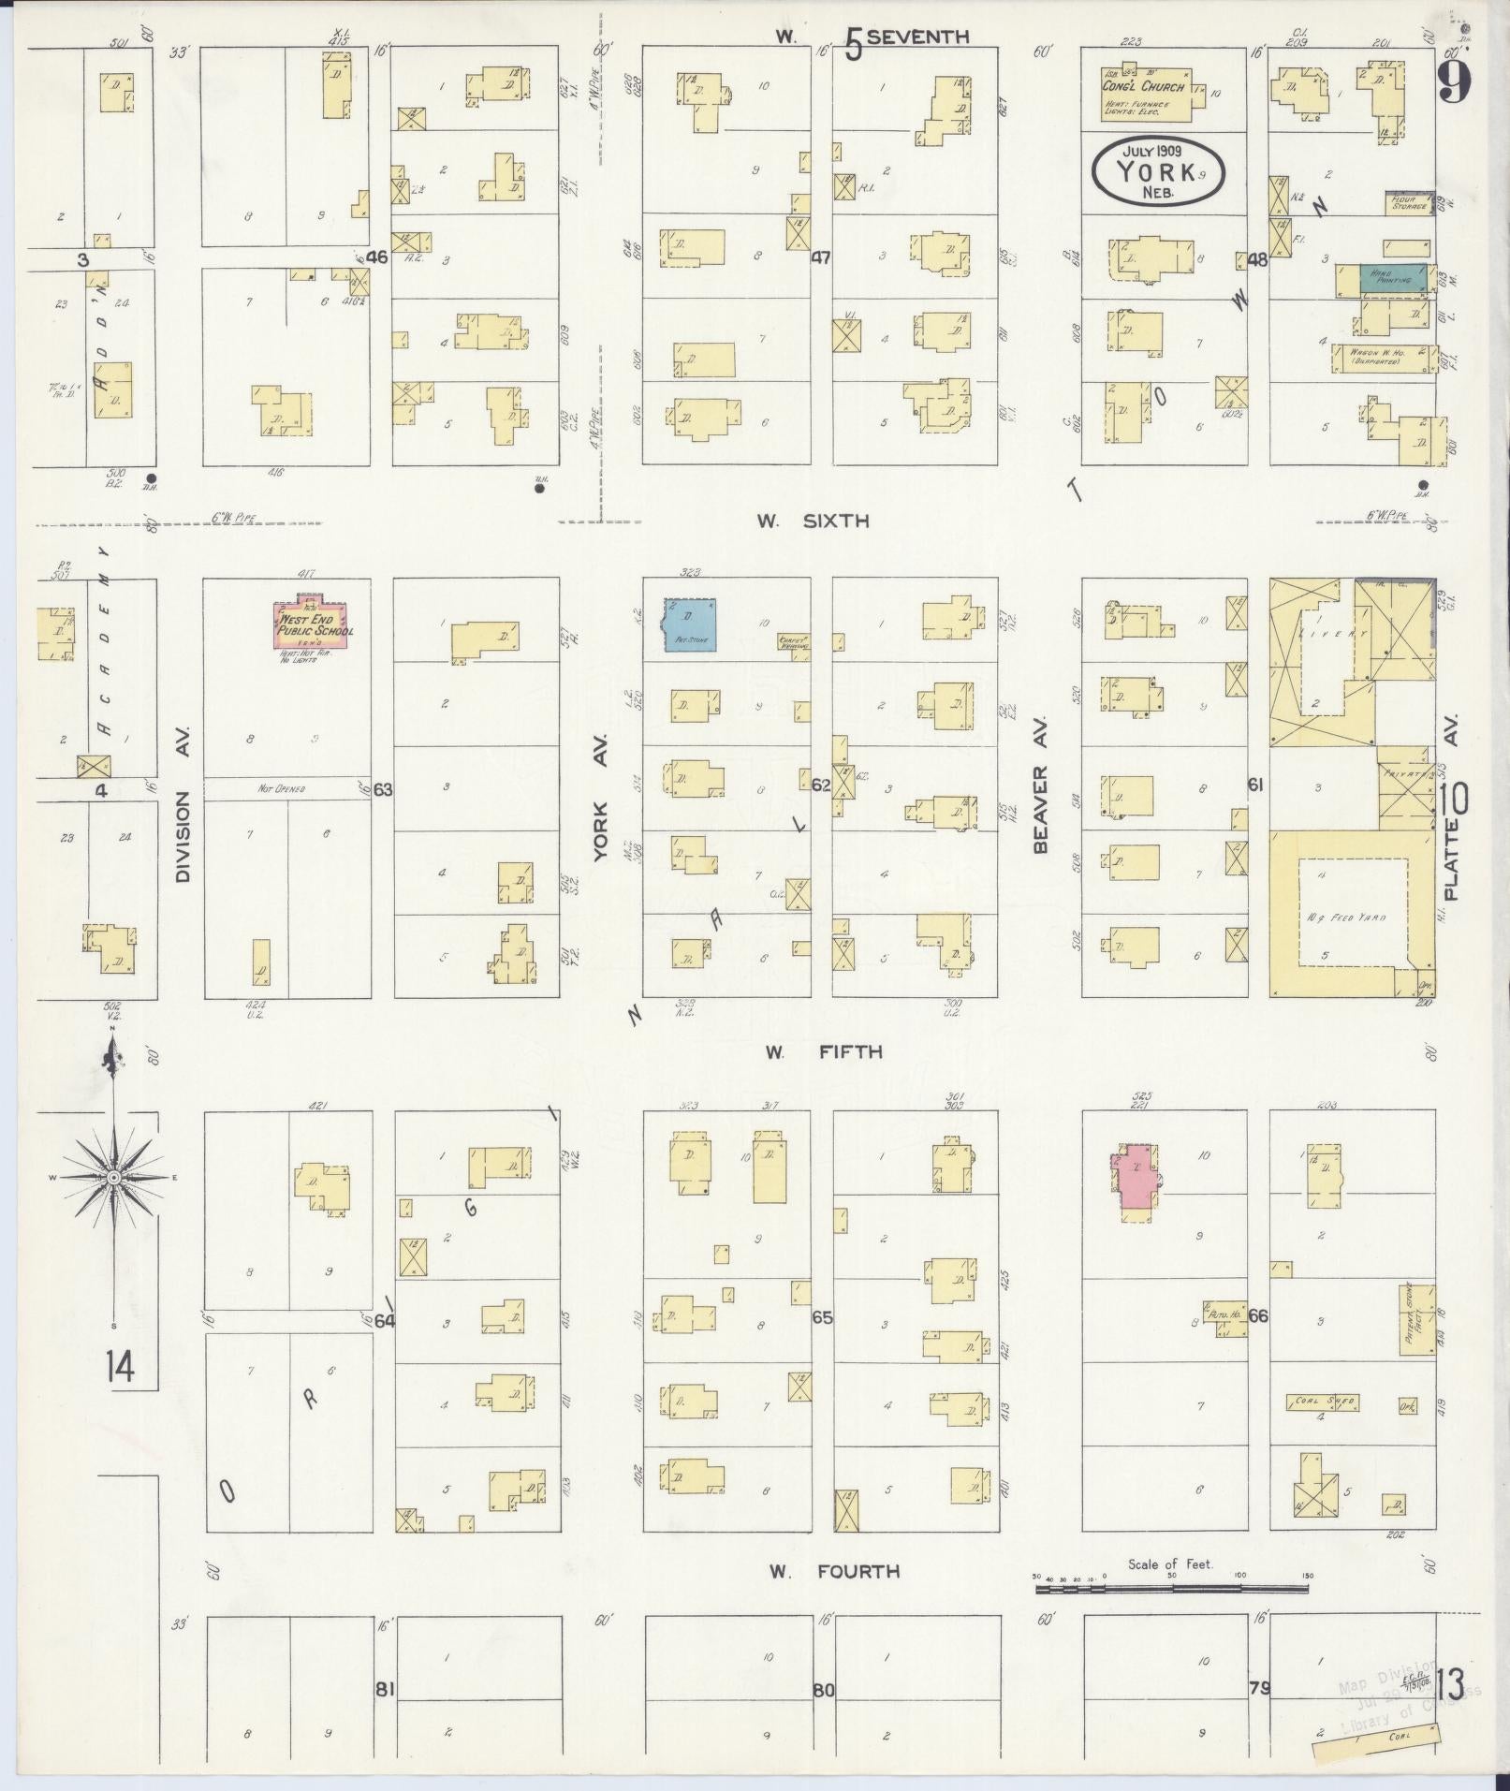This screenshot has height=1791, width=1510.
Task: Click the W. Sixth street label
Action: pyautogui.click(x=813, y=521)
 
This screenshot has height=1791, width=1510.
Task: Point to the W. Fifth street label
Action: pyautogui.click(x=823, y=1051)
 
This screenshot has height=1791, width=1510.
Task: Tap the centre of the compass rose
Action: pyautogui.click(x=112, y=1176)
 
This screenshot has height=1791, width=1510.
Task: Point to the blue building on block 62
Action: pyautogui.click(x=691, y=624)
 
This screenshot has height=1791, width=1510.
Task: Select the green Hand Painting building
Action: pyautogui.click(x=1393, y=278)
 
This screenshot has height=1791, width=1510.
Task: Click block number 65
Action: pyautogui.click(x=821, y=1317)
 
